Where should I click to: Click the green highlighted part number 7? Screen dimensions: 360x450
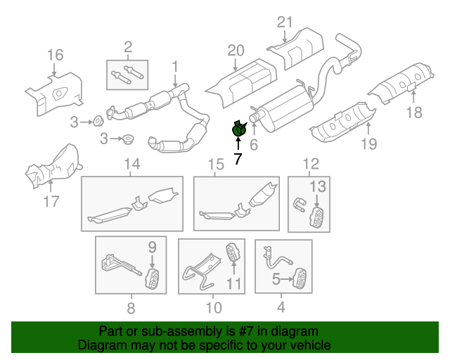tap(239, 129)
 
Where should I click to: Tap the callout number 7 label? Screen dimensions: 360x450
tap(238, 160)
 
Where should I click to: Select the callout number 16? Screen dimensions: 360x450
tap(55, 56)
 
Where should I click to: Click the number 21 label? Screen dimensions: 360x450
tap(283, 22)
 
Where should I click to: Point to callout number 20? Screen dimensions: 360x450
tap(235, 51)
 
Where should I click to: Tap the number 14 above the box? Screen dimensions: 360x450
tap(132, 165)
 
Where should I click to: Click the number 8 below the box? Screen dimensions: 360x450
tap(130, 307)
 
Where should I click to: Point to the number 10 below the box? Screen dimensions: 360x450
tap(214, 307)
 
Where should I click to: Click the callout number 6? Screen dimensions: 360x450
tap(254, 146)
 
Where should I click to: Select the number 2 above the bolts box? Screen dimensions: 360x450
tap(127, 48)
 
